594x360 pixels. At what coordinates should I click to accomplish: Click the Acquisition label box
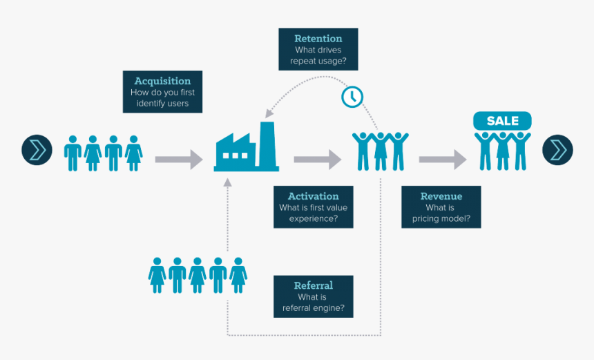[x=162, y=91]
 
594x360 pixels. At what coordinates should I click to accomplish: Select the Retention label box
[x=318, y=49]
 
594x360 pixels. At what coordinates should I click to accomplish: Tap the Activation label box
[x=313, y=207]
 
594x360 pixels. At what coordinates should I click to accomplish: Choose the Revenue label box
[x=441, y=207]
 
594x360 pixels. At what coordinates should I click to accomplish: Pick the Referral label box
[x=313, y=296]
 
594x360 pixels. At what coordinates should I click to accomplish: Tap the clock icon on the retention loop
[x=352, y=96]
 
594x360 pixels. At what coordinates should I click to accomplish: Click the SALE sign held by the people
[x=502, y=121]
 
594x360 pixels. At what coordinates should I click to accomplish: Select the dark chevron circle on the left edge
[x=37, y=149]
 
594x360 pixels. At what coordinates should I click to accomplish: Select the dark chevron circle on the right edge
[x=557, y=149]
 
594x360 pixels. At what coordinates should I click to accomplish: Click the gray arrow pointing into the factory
[x=178, y=160]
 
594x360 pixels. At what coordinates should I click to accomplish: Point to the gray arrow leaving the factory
[x=317, y=160]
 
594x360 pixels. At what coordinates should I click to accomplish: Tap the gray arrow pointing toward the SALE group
[x=442, y=160]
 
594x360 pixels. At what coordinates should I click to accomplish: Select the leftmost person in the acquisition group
[x=73, y=153]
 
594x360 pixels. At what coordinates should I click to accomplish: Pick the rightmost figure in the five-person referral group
[x=238, y=275]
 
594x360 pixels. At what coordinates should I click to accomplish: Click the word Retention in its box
[x=318, y=39]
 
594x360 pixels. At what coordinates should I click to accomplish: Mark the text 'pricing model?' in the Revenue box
[x=441, y=218]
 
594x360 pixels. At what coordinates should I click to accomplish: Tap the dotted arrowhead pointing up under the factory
[x=227, y=183]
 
